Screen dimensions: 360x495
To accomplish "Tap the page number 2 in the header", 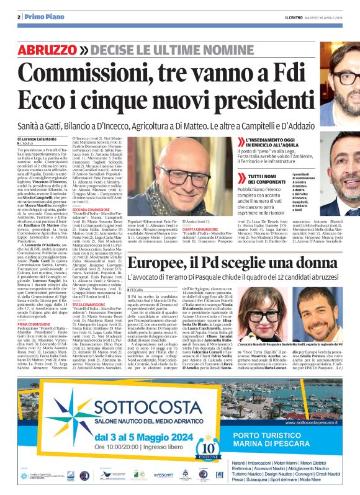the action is coord(19,18).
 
